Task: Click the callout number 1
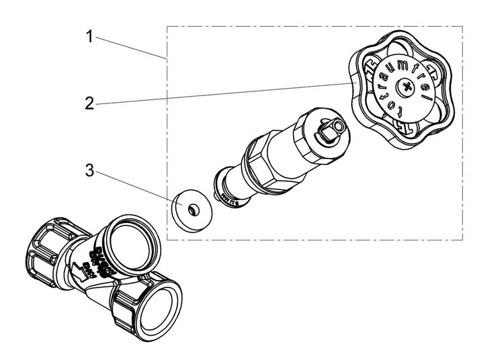click(x=89, y=37)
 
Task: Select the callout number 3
click(x=89, y=169)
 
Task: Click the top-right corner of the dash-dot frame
click(x=462, y=27)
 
